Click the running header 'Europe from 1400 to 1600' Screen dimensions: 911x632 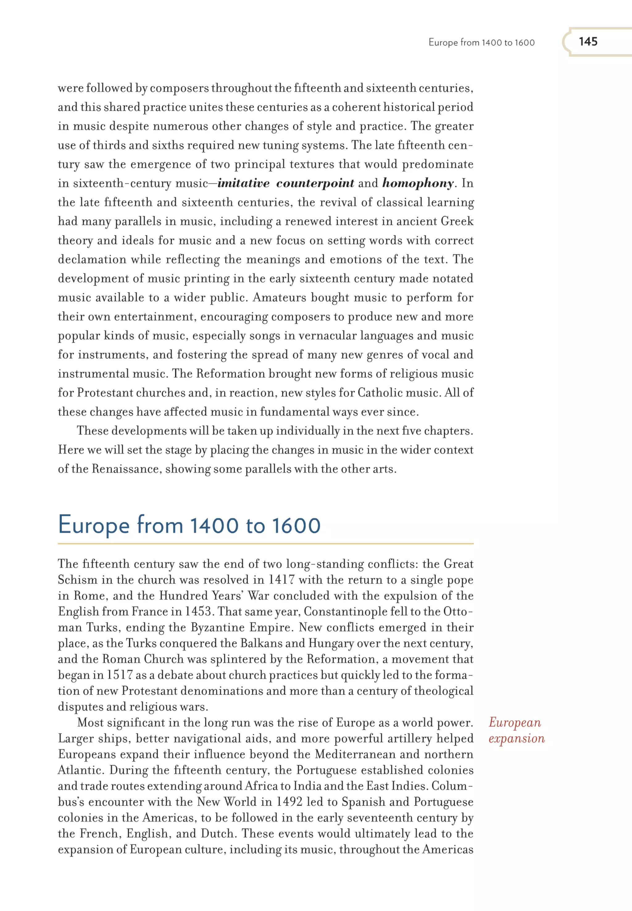tap(481, 43)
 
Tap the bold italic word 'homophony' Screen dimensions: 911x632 tap(418, 183)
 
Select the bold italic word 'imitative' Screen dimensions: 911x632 tap(243, 183)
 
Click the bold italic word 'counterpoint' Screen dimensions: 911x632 tap(315, 183)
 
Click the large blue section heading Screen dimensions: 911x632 tap(189, 525)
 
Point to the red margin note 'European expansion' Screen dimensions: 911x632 tap(516, 730)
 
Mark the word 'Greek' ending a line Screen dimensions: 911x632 tap(457, 221)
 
